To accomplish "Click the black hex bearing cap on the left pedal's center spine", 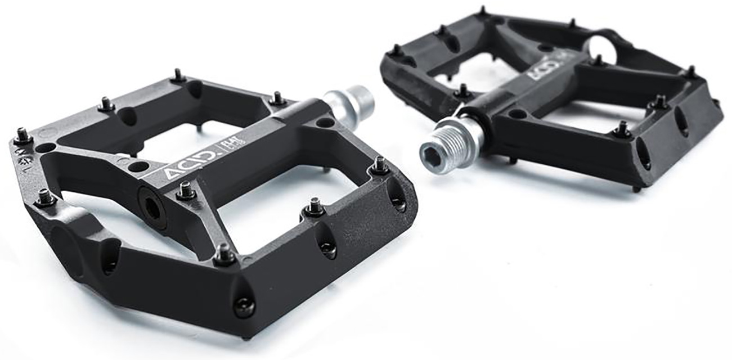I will click(x=152, y=206).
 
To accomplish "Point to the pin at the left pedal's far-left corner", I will click(x=23, y=136).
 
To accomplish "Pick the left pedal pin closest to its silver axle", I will click(x=276, y=99).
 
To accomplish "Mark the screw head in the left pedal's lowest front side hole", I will click(x=244, y=307).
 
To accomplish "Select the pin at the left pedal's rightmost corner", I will click(x=379, y=165).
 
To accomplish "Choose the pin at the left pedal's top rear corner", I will click(x=178, y=75).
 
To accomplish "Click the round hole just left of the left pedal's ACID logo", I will click(x=137, y=167).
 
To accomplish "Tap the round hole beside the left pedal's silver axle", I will click(x=325, y=122).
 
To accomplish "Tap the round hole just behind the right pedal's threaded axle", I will click(x=516, y=114).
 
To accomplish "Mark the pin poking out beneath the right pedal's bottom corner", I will click(x=636, y=189).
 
